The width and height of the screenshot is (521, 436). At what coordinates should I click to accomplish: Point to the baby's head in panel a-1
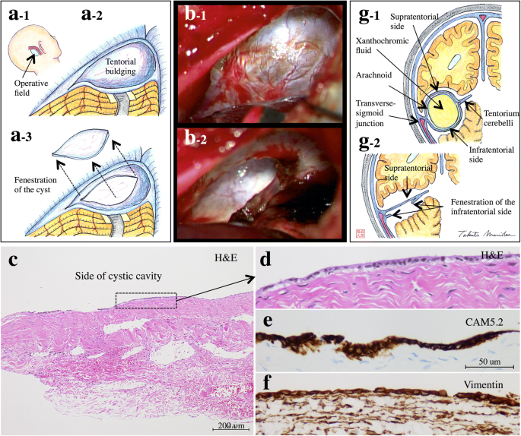(x=29, y=49)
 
